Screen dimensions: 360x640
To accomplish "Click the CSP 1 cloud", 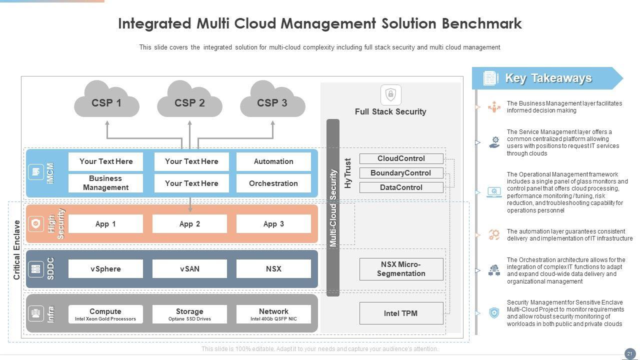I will point(106,102).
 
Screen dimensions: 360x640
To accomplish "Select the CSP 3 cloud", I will point(272,102).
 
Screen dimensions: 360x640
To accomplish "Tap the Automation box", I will point(273,161).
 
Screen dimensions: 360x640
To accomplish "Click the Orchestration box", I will point(273,183).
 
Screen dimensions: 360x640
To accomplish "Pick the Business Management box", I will point(105,183).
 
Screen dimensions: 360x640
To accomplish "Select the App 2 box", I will point(189,224).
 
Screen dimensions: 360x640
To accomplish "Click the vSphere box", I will point(105,269).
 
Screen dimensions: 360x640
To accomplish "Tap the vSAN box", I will point(189,269).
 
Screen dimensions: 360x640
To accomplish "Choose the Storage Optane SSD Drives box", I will point(189,314).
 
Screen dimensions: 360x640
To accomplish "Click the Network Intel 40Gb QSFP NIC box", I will point(273,314).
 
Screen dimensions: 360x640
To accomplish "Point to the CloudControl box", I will point(401,158).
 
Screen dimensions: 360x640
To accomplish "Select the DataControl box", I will point(401,187).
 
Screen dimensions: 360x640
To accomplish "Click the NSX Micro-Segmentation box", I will point(401,269).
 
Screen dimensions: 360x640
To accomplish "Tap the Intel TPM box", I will point(401,313).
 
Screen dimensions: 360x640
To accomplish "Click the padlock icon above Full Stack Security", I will point(391,94).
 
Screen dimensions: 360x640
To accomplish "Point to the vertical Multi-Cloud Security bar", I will point(333,207).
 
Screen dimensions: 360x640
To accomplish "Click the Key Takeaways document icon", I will point(490,78).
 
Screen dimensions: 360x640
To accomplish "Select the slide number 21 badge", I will point(629,353).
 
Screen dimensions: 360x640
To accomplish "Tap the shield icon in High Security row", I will point(36,224).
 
